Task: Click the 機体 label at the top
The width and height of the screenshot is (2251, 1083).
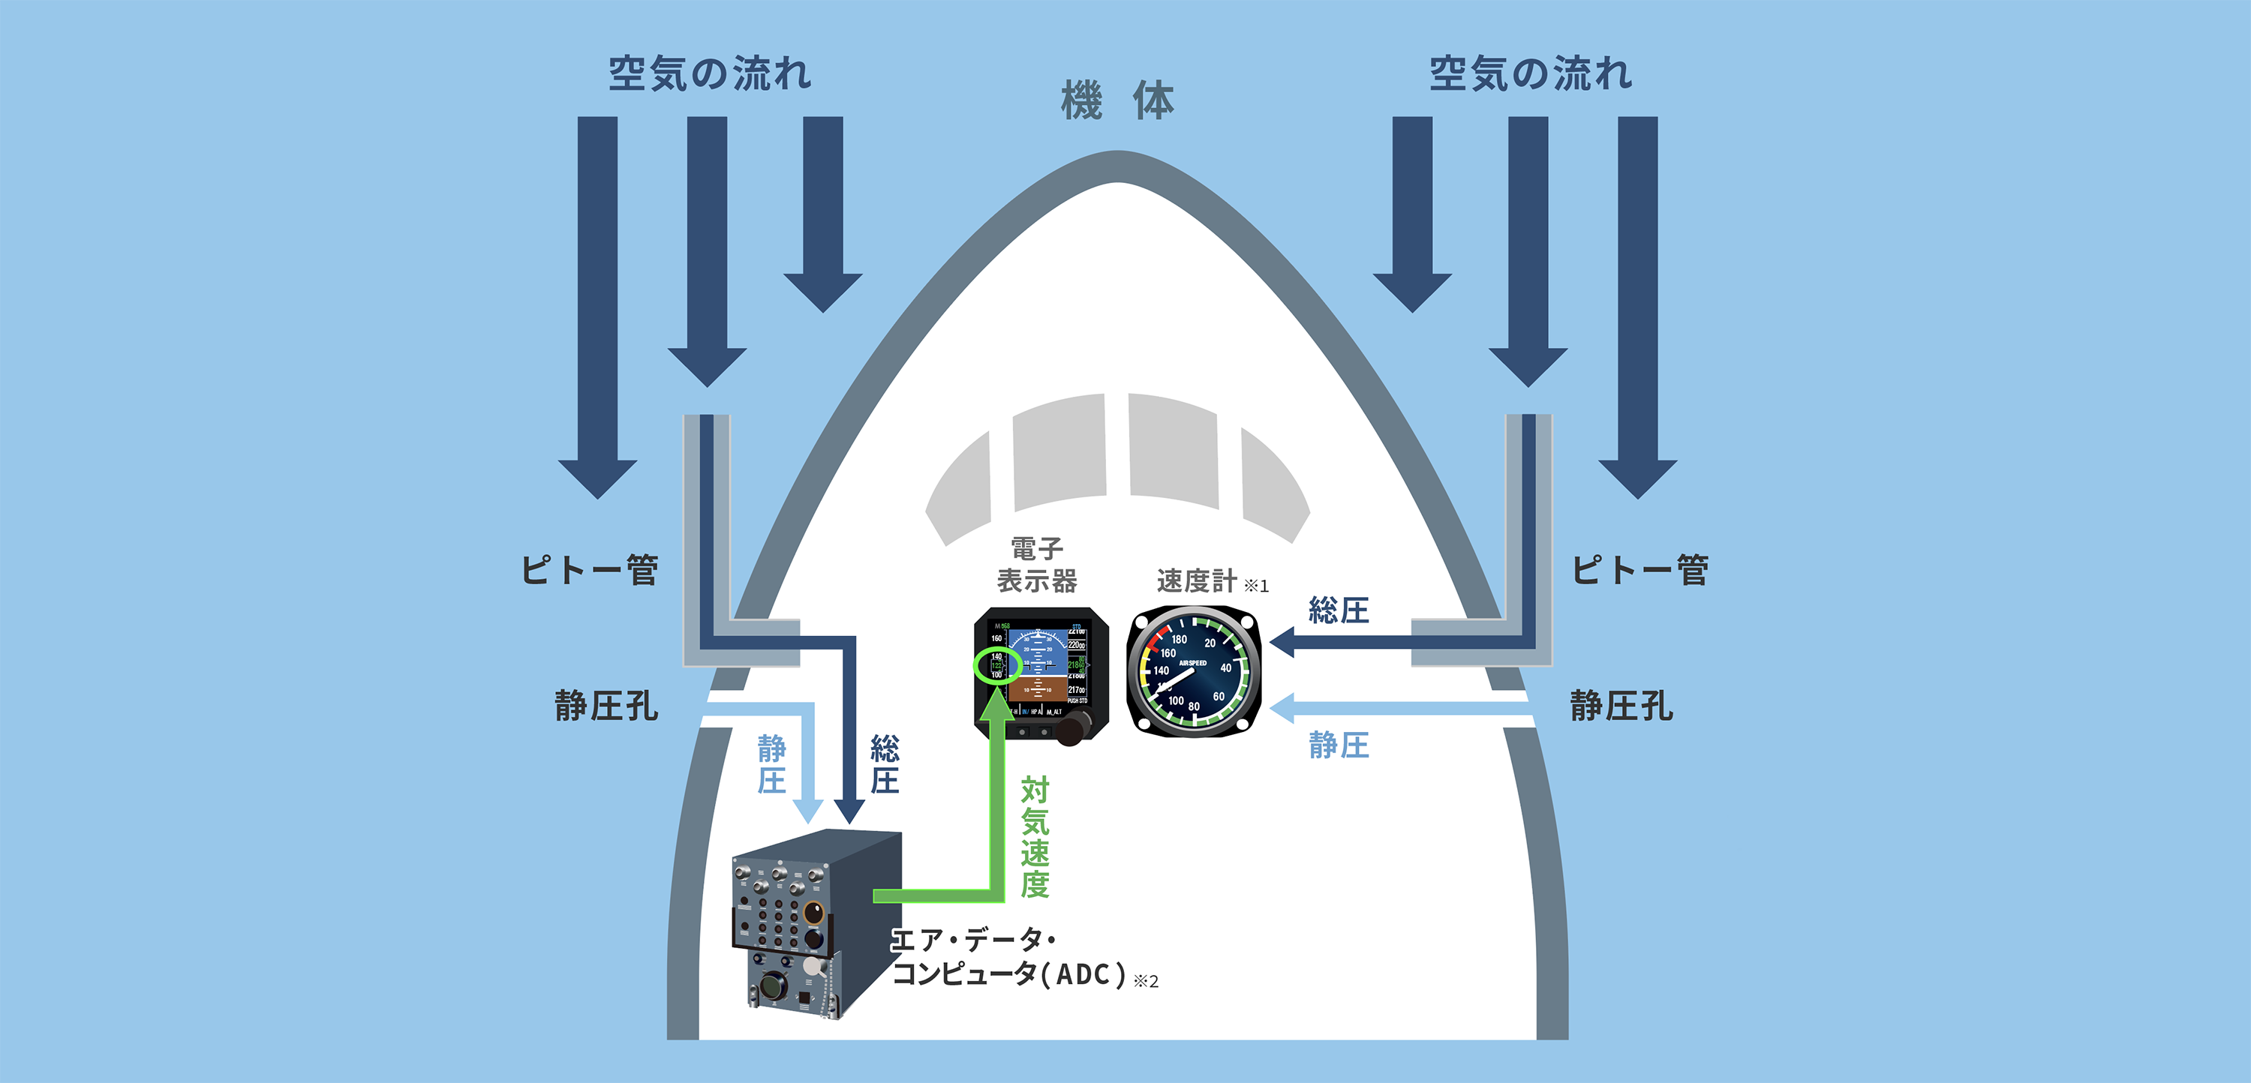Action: tap(1118, 101)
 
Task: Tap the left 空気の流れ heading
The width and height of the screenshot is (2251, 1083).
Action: tap(710, 73)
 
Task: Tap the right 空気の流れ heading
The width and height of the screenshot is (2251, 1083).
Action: tap(1530, 73)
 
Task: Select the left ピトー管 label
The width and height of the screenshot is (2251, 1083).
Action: tap(590, 570)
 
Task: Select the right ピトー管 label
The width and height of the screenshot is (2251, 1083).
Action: tap(1639, 570)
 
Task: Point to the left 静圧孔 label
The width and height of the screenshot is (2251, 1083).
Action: tap(606, 706)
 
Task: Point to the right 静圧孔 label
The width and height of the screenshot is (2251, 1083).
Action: tap(1621, 706)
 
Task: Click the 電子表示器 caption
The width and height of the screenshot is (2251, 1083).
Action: tap(1037, 565)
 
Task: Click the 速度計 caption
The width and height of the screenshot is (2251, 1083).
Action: tap(1196, 580)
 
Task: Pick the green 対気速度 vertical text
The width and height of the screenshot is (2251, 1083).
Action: tap(1035, 837)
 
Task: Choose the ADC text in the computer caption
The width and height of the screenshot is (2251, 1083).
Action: tap(1083, 973)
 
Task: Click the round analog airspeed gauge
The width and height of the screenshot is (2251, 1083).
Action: tap(1194, 673)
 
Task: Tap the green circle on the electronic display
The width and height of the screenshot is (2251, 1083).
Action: tap(997, 665)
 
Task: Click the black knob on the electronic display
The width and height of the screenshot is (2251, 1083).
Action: tap(1074, 727)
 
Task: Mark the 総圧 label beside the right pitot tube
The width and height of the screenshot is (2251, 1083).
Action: tap(1339, 610)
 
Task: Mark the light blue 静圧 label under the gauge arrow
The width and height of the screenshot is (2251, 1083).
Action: tap(1339, 745)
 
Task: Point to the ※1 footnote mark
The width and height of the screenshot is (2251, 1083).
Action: tap(1257, 586)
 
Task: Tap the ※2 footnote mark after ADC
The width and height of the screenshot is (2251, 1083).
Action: tap(1146, 982)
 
